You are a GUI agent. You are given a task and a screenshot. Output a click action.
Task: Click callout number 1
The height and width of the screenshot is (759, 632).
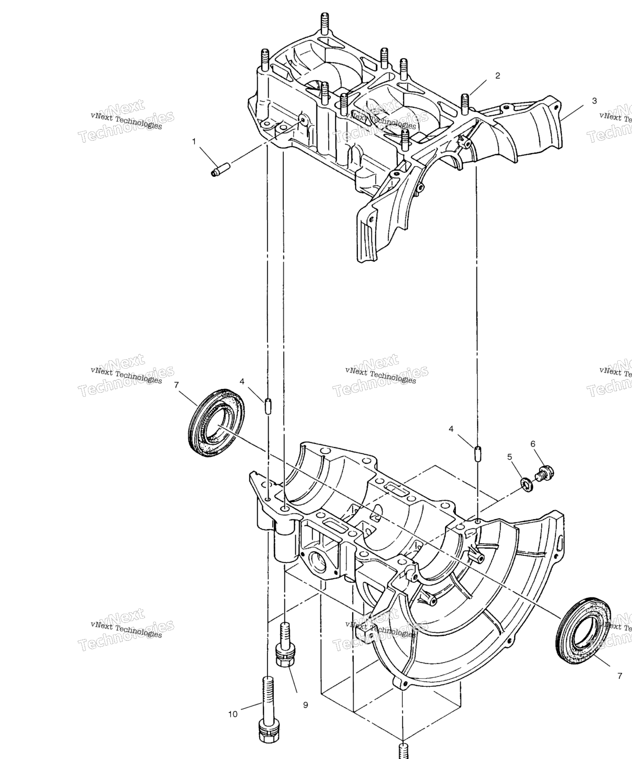pos(194,141)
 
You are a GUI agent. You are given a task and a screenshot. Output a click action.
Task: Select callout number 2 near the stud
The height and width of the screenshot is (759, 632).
pos(498,76)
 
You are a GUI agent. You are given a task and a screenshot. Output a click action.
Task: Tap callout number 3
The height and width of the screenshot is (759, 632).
pos(594,101)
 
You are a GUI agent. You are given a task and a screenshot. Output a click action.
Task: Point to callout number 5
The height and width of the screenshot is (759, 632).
pos(510,457)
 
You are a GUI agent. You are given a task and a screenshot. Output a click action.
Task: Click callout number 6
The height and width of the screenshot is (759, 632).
pos(533,444)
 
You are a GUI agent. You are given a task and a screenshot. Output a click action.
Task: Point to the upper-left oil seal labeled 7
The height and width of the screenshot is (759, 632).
pos(217,423)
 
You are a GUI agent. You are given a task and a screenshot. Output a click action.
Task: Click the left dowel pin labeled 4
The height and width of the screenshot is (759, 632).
pos(268,406)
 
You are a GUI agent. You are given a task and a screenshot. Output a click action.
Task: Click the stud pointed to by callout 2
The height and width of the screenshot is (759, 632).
pos(465,103)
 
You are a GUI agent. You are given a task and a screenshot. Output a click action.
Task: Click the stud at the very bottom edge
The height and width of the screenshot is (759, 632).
pos(403,750)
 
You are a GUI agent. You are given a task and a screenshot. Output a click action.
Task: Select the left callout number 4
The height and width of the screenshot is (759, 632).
pos(242,381)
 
